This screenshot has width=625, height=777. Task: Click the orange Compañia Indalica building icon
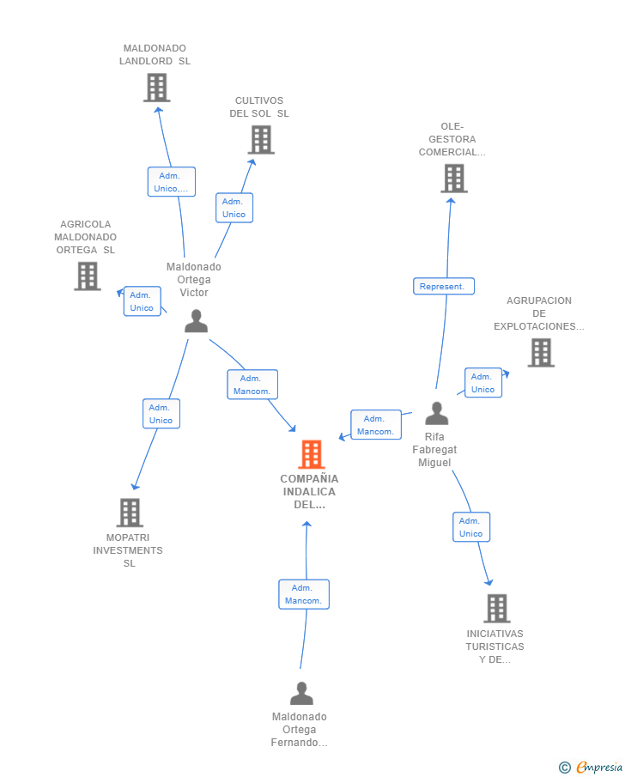tap(312, 454)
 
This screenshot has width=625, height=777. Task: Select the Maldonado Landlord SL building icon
tap(156, 88)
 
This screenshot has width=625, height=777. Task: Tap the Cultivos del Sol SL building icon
tap(261, 140)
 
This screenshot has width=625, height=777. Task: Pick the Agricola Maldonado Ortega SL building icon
tap(88, 276)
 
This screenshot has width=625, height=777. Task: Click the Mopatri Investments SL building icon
tap(130, 513)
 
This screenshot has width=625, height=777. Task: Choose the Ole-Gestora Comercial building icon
tap(454, 179)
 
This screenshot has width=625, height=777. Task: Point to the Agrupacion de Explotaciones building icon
tap(541, 352)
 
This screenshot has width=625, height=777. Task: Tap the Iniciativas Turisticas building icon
tap(496, 608)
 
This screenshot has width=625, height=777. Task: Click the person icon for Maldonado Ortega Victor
tap(196, 320)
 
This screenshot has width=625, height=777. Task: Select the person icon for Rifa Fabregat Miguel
tap(437, 413)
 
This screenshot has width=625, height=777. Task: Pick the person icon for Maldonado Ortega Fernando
tap(301, 693)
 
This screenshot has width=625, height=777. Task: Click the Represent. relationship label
tap(444, 287)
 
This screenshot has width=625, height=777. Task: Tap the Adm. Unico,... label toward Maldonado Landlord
tap(172, 182)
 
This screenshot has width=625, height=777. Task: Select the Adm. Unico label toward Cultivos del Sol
tap(234, 208)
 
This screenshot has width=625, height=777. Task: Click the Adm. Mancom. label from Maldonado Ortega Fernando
tap(304, 594)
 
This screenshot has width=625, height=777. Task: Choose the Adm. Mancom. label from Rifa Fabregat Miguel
tap(376, 425)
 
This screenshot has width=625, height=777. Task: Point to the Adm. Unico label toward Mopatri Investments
tap(161, 414)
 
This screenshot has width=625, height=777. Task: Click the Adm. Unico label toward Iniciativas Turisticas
tap(471, 527)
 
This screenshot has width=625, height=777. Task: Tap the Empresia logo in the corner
tap(591, 767)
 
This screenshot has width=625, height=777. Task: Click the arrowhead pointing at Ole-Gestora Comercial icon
tap(451, 201)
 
